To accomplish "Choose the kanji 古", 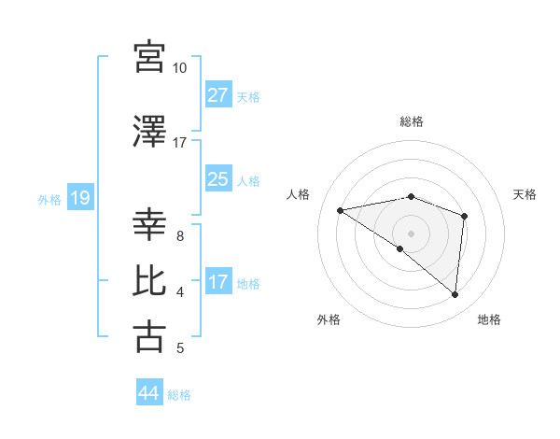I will tap(150, 336).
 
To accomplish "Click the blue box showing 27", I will tap(218, 95).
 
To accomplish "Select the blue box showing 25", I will tap(218, 179).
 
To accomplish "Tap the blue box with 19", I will tap(79, 198).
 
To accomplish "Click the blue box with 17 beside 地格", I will tap(218, 282).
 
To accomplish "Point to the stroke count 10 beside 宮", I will tap(180, 68).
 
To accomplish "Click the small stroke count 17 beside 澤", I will tap(180, 142).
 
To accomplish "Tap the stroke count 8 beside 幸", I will tap(180, 236).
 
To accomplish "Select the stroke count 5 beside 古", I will tap(180, 348).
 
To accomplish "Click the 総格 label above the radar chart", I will tap(411, 121).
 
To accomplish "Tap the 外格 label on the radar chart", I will tap(329, 319).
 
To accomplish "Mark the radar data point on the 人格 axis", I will tap(341, 210).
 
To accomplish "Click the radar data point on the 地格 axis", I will tap(455, 294).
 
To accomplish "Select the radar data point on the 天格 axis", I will tap(464, 216).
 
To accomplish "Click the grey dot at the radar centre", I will tap(411, 233).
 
